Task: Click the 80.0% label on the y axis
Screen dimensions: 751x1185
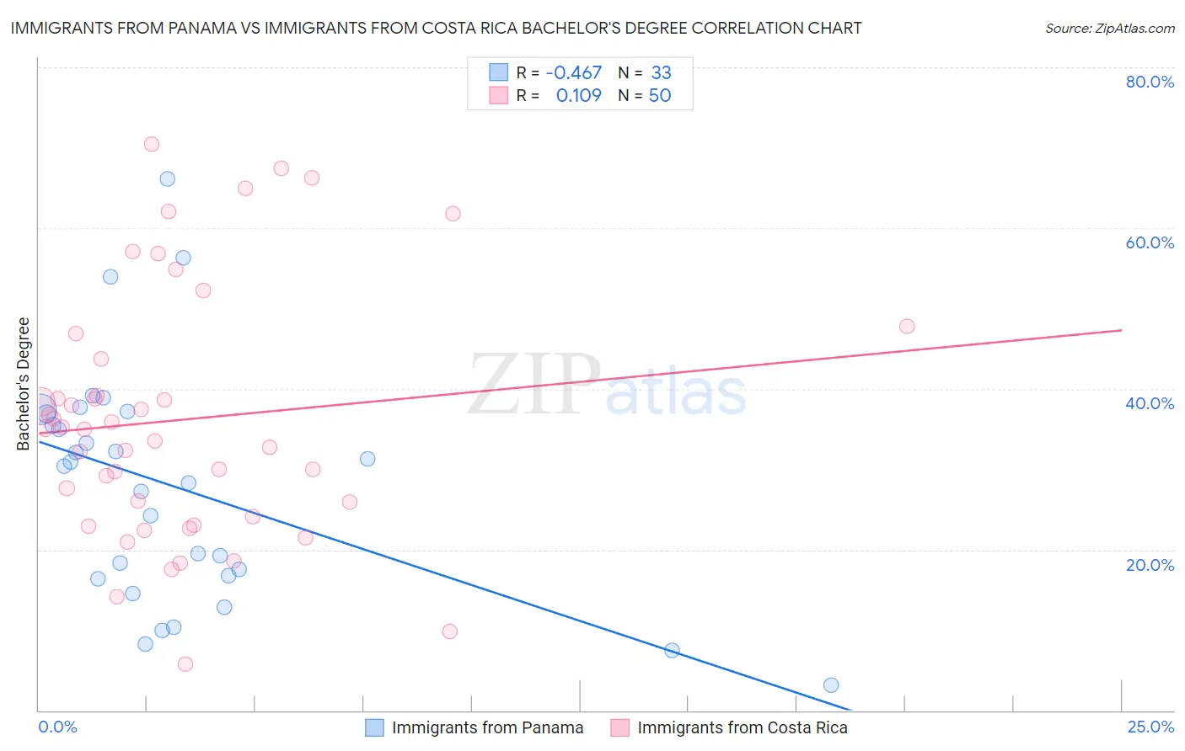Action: tap(1150, 82)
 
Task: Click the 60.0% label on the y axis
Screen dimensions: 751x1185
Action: tap(1150, 242)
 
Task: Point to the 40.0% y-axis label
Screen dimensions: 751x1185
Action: tap(1150, 403)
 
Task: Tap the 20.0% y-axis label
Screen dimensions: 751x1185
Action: tap(1150, 565)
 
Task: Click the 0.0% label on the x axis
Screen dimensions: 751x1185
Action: tap(57, 727)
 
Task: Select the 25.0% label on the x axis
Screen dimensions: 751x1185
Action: tap(1150, 727)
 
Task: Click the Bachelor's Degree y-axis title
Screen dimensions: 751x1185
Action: tap(24, 383)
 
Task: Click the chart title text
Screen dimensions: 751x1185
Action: tap(436, 28)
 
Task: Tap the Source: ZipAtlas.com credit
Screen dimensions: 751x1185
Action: tap(1109, 29)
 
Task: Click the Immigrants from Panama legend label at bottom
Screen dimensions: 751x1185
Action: tap(487, 728)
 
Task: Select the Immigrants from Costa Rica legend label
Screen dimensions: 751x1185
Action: tap(742, 728)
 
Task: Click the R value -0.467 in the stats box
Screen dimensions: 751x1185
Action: tap(573, 73)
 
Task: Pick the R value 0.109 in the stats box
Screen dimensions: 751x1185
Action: tap(578, 96)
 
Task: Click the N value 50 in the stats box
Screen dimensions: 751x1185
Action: tap(660, 96)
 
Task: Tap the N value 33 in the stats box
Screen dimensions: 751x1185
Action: tap(661, 73)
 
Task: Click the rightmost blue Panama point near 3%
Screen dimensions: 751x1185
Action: tap(831, 685)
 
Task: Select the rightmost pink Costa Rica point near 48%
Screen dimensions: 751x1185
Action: tap(907, 327)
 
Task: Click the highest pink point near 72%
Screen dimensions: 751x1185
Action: tap(152, 144)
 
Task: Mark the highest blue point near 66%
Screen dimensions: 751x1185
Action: tap(168, 179)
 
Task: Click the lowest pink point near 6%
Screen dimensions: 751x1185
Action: tap(185, 664)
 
